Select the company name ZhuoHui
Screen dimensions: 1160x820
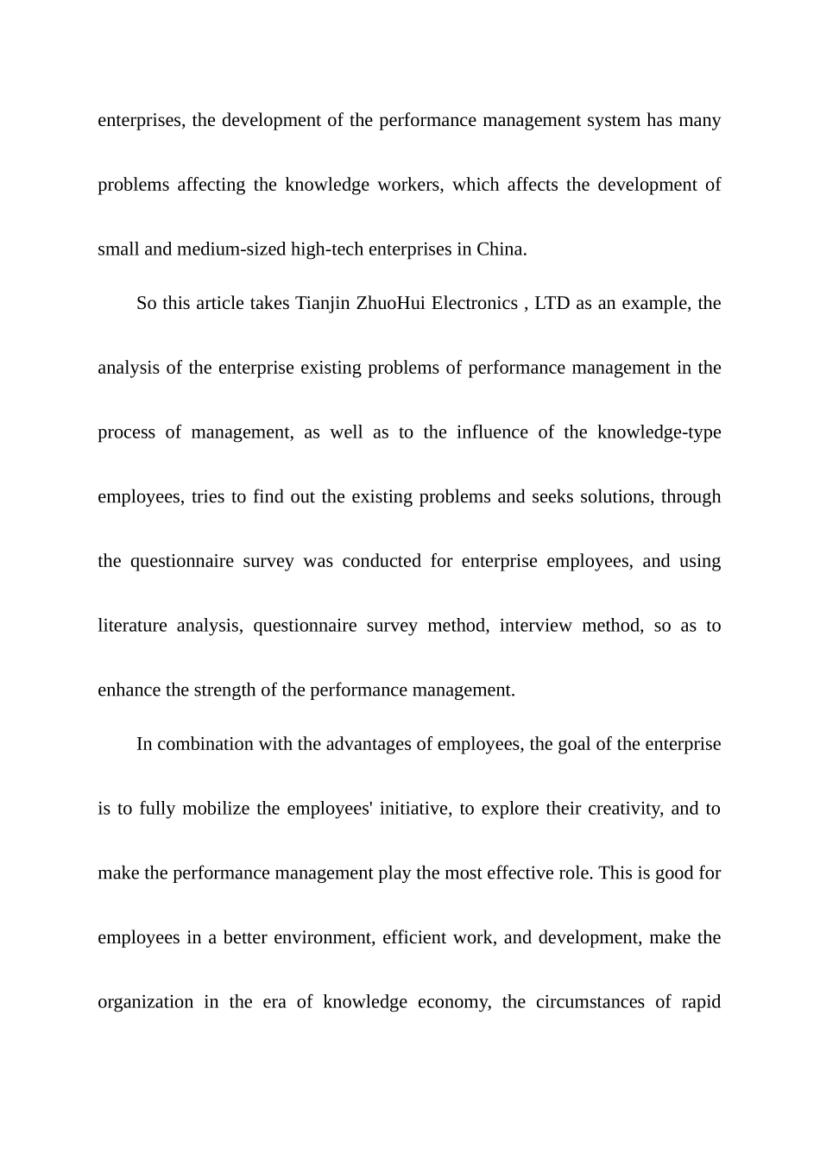(391, 304)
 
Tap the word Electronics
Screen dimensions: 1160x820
(475, 304)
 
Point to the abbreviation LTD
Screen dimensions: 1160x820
(552, 304)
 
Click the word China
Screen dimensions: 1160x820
(501, 249)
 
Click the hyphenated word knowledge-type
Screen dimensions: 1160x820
(659, 432)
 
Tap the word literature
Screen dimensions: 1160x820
(132, 626)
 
